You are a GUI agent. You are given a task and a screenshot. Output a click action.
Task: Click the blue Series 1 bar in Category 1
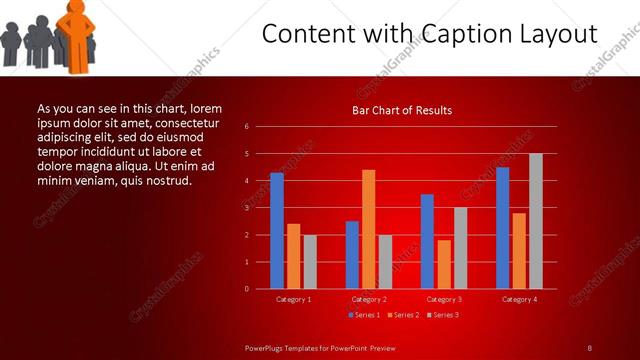click(277, 230)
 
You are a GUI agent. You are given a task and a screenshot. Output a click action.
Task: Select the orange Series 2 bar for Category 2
click(368, 229)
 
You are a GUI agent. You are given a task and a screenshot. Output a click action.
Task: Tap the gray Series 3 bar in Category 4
click(535, 221)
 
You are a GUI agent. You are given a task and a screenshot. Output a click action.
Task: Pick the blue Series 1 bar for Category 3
click(427, 241)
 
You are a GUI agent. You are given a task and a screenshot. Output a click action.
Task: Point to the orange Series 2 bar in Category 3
click(443, 264)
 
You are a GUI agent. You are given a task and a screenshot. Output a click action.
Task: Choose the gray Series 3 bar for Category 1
click(310, 262)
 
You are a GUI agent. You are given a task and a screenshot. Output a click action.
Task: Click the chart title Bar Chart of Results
click(402, 110)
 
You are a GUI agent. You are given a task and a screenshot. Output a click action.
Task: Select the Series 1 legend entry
click(364, 315)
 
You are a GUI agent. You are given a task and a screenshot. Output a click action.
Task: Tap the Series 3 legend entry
click(443, 315)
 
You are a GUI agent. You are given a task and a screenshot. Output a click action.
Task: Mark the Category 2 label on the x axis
click(368, 299)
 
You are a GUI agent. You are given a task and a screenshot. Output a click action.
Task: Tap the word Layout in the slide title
click(561, 34)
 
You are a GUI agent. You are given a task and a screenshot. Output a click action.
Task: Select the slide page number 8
click(589, 347)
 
